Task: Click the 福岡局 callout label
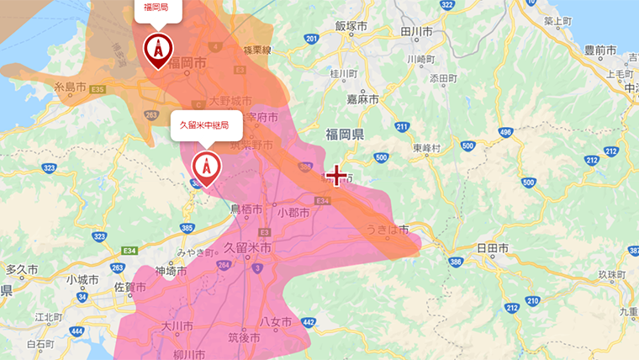point(155,8)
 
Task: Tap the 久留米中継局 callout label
point(205,125)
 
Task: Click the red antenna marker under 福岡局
point(157,51)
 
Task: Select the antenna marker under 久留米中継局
point(206,167)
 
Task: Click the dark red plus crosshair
point(336,175)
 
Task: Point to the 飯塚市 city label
point(351,26)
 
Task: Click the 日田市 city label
point(493,249)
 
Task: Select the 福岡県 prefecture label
point(345,135)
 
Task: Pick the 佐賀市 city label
point(129,288)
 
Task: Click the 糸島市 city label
point(71,87)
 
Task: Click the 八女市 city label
point(275,322)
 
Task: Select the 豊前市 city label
point(600,50)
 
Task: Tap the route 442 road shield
point(308,322)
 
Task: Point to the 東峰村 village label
point(427,147)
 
